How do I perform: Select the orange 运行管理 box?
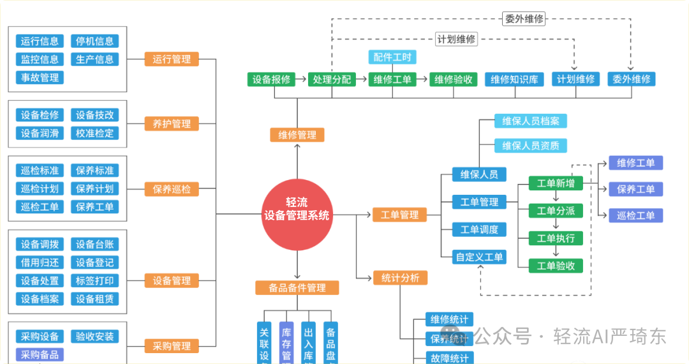[x=172, y=59]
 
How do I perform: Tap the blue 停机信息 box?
[x=94, y=42]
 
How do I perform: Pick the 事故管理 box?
[x=40, y=77]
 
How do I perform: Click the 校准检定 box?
[x=94, y=133]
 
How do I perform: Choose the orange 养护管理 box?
[x=172, y=123]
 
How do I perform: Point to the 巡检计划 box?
[x=40, y=188]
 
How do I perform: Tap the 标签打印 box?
[x=94, y=280]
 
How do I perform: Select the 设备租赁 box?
[x=94, y=299]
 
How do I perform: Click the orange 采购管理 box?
[x=172, y=346]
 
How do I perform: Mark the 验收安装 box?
[x=94, y=337]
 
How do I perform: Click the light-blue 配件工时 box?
[x=392, y=57]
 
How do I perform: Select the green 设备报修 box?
[x=271, y=79]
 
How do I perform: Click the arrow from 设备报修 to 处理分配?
[x=301, y=79]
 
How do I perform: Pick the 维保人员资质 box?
[x=531, y=146]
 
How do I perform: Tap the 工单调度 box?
[x=479, y=229]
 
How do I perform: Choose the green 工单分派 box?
[x=556, y=211]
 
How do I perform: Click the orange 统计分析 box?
[x=400, y=277]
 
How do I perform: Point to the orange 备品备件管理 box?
[x=297, y=287]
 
